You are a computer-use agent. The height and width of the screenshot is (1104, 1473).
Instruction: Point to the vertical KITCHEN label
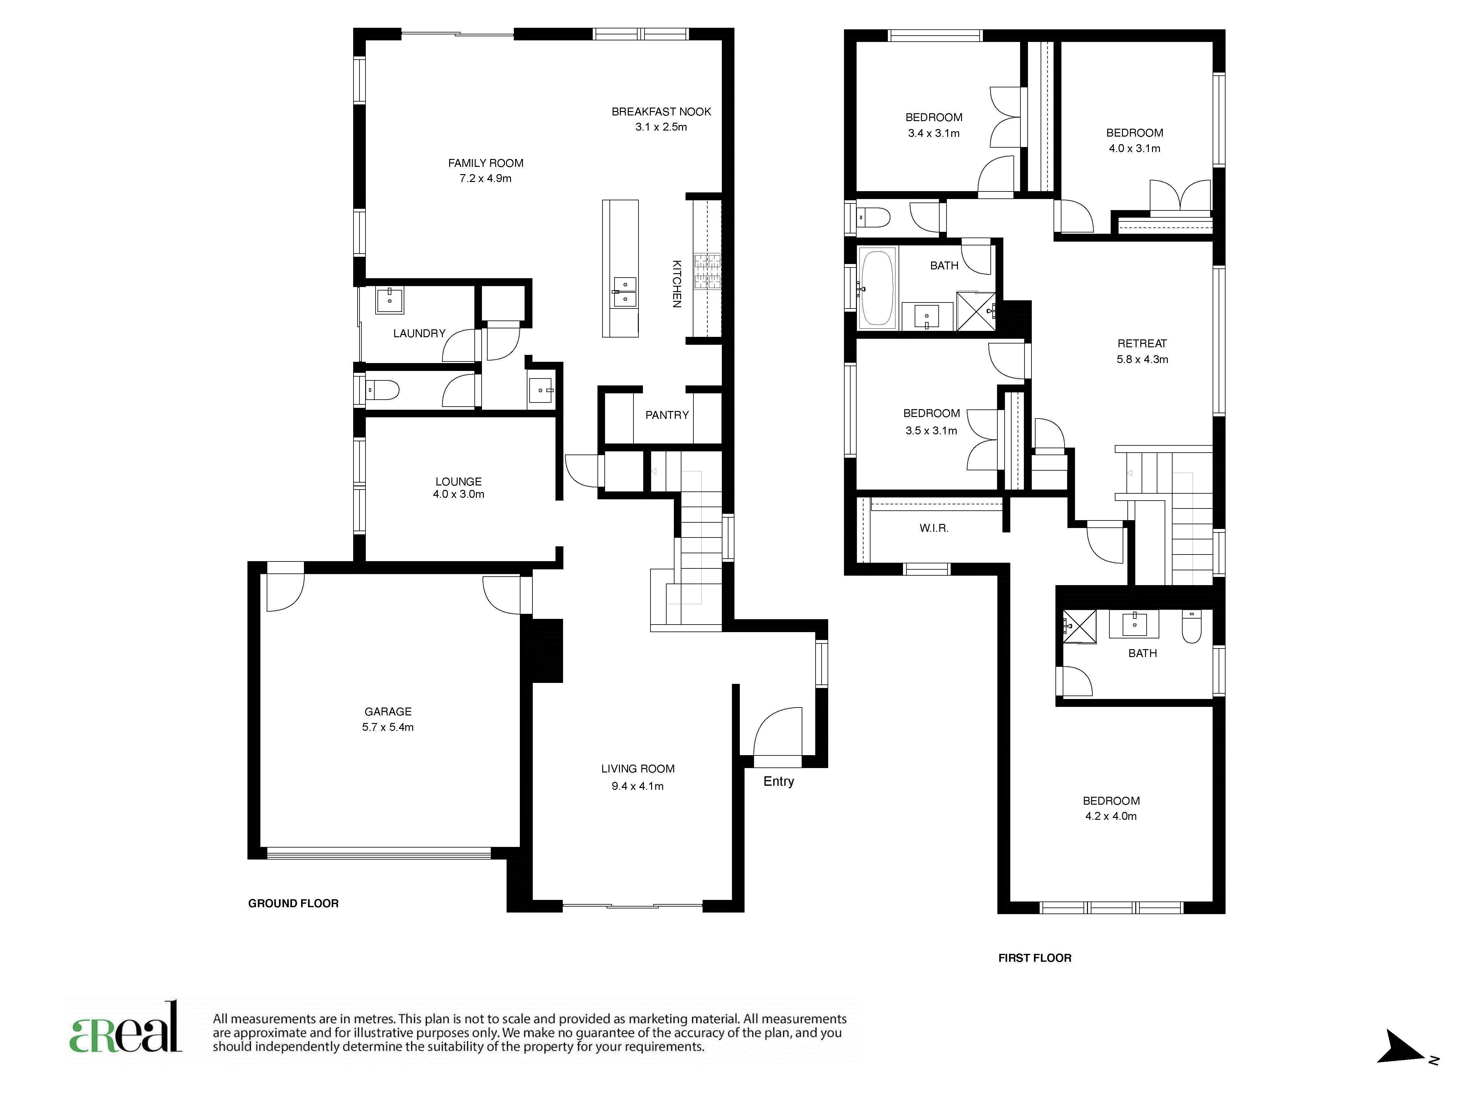tap(677, 284)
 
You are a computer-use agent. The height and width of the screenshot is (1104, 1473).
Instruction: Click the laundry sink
tap(389, 300)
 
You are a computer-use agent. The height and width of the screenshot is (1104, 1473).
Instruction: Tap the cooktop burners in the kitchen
tap(707, 272)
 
